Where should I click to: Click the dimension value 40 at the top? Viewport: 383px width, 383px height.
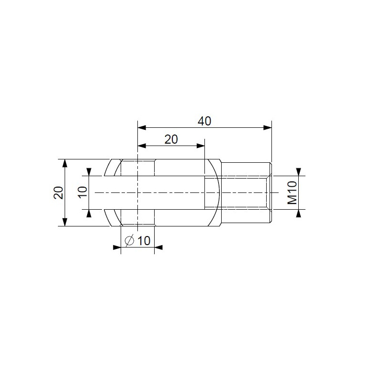pyautogui.click(x=204, y=121)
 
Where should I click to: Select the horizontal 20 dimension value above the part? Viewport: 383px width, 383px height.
pyautogui.click(x=171, y=139)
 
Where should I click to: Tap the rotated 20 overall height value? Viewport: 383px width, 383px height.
pyautogui.click(x=58, y=192)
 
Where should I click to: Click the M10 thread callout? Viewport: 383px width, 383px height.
pyautogui.click(x=292, y=192)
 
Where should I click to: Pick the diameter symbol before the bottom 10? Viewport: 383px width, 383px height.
pyautogui.click(x=129, y=241)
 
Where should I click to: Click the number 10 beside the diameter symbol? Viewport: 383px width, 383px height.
pyautogui.click(x=144, y=241)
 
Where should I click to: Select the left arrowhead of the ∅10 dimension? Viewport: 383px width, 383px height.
pyautogui.click(x=117, y=248)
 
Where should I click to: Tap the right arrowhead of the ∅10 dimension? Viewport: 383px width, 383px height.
pyautogui.click(x=158, y=248)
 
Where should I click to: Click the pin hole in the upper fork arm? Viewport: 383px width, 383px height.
pyautogui.click(x=137, y=168)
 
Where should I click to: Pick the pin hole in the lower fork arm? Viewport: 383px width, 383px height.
pyautogui.click(x=137, y=217)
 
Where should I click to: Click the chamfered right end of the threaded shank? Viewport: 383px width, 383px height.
pyautogui.click(x=270, y=192)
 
